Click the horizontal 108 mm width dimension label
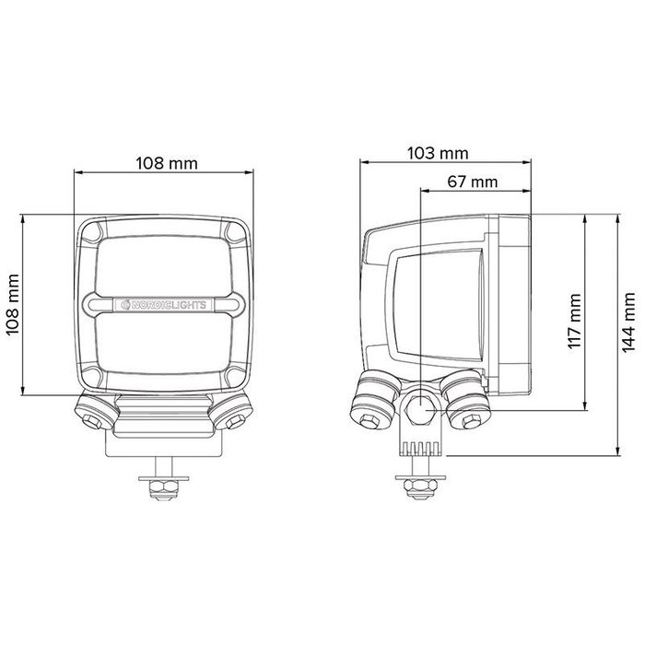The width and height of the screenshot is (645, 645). pos(167,163)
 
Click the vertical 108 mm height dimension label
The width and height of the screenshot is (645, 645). pos(13,304)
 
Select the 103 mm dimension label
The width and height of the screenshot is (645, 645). pos(438,154)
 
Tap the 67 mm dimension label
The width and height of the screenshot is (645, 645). pos(472,182)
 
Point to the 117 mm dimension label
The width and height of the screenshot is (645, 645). pos(574,321)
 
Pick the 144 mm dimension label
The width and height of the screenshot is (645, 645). pos(628,322)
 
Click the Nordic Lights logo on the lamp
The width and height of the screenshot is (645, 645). pos(165,305)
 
